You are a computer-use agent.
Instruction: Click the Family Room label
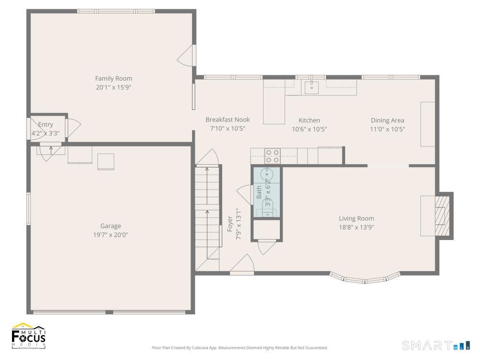(x=113, y=78)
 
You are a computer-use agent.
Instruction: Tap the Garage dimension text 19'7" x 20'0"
(x=110, y=235)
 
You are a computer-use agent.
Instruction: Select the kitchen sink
(x=312, y=87)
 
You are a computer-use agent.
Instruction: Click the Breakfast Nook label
(x=228, y=120)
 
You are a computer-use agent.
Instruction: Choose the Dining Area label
(x=387, y=120)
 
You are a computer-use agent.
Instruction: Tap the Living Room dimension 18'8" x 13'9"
(x=356, y=227)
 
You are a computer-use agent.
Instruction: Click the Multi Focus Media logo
(x=29, y=336)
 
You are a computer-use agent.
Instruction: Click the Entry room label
(x=46, y=125)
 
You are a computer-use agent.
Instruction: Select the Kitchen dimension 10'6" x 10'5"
(x=309, y=129)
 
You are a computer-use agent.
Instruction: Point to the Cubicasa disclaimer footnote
(x=240, y=348)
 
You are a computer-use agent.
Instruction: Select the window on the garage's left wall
(x=28, y=208)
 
